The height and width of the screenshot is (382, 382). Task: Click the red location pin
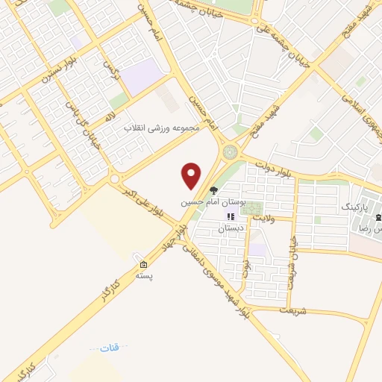click(x=192, y=175)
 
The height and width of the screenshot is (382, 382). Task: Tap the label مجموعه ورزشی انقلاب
click(x=163, y=128)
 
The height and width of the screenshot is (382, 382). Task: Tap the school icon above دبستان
click(x=231, y=217)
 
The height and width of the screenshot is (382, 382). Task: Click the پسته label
click(x=143, y=276)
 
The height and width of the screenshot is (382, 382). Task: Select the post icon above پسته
click(x=143, y=265)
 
